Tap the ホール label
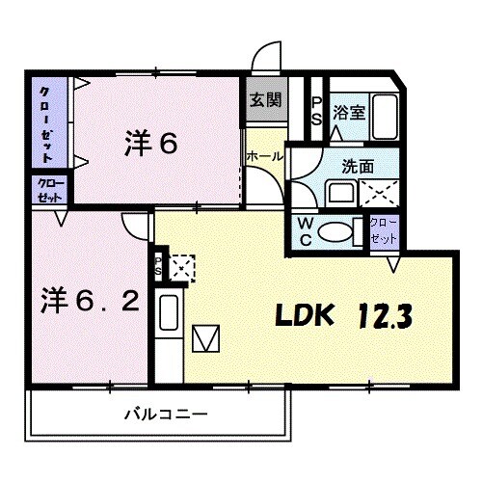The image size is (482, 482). click(x=263, y=154)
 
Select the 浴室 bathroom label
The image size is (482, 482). click(x=348, y=112)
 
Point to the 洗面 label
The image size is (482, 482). click(x=356, y=165)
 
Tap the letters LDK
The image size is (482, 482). click(x=306, y=314)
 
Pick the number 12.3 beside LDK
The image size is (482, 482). click(x=389, y=314)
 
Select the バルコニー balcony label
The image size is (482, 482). click(x=164, y=415)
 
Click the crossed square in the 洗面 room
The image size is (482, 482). click(x=380, y=191)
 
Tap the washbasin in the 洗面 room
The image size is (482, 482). click(x=340, y=192)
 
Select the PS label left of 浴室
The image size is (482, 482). click(x=317, y=108)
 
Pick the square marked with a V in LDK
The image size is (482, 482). click(x=207, y=339)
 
